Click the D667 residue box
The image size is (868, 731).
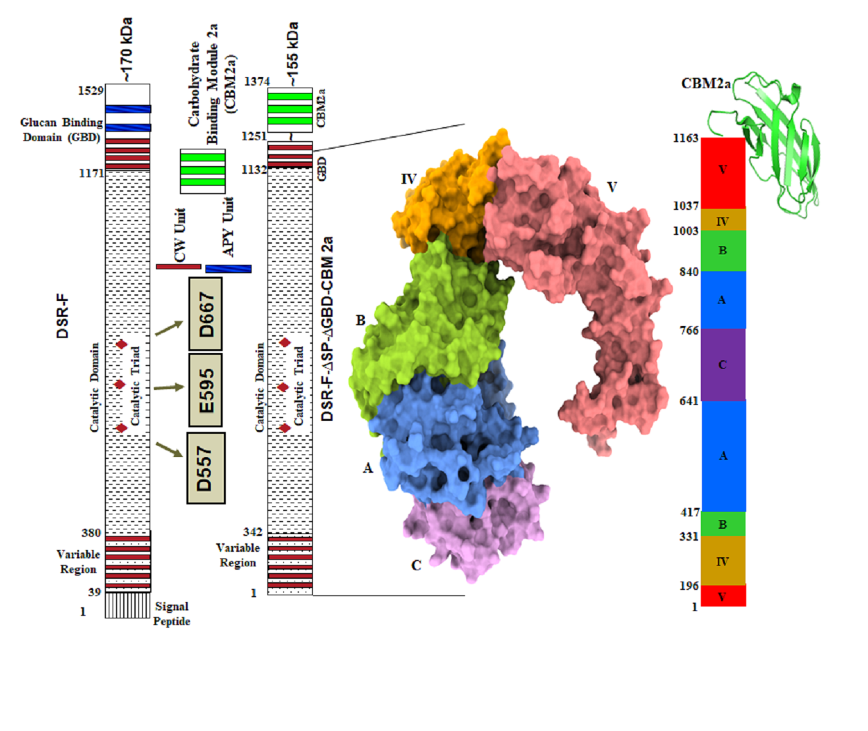(x=205, y=313)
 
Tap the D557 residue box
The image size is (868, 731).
(x=205, y=468)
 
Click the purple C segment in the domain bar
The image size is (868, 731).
(x=722, y=365)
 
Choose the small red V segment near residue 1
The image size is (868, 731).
(x=722, y=596)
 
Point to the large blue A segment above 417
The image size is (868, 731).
(x=723, y=456)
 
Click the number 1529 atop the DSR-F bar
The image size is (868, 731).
(x=90, y=90)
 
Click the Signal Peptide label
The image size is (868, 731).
(x=171, y=614)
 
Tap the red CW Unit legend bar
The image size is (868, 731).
(x=178, y=267)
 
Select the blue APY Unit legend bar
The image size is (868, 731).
(x=228, y=269)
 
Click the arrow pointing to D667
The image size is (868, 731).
(x=169, y=328)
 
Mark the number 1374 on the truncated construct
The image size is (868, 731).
(x=257, y=82)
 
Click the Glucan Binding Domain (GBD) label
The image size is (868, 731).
(x=61, y=130)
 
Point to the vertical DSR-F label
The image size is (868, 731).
(x=63, y=316)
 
